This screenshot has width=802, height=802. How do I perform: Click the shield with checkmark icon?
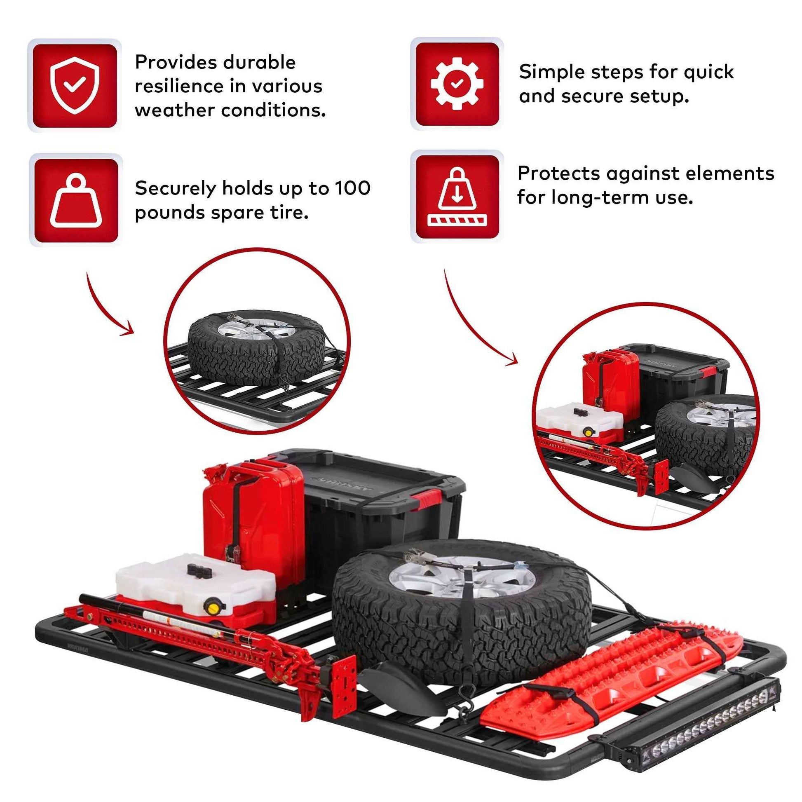pos(75,85)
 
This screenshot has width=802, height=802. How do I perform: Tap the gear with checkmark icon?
pos(457,84)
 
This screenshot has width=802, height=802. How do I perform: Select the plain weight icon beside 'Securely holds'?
pos(75,200)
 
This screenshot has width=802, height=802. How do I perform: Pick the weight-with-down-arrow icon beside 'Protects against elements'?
pos(457,197)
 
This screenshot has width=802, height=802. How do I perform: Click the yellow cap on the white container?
pos(213,609)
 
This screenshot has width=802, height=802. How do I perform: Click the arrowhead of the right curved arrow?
pos(514,362)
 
